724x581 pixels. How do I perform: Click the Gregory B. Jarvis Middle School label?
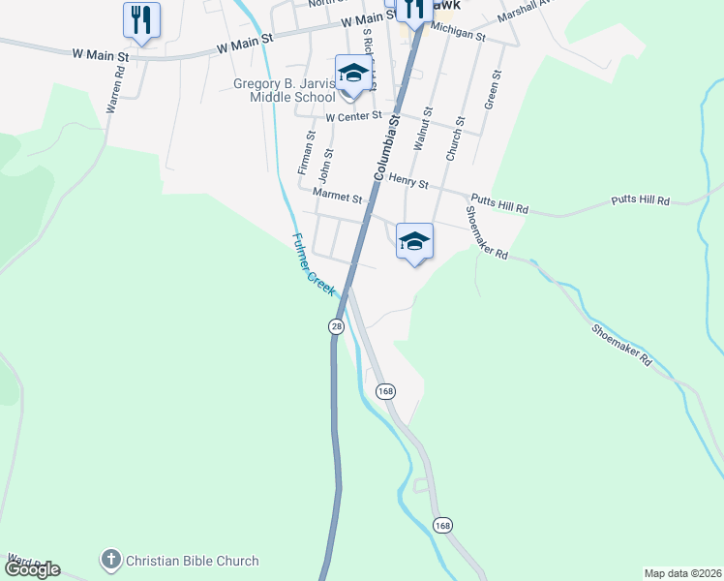pyautogui.click(x=284, y=90)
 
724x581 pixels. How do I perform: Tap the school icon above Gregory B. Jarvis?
pyautogui.click(x=353, y=74)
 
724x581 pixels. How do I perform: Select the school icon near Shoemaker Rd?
pyautogui.click(x=414, y=242)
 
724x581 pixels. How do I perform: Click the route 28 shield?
pyautogui.click(x=336, y=326)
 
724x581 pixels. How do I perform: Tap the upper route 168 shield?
pyautogui.click(x=386, y=391)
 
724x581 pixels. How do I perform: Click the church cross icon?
pyautogui.click(x=111, y=560)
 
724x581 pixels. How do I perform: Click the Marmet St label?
pyautogui.click(x=337, y=199)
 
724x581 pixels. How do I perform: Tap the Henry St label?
pyautogui.click(x=407, y=178)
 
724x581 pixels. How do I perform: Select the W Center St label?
pyautogui.click(x=354, y=117)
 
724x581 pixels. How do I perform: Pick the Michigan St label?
pyautogui.click(x=456, y=34)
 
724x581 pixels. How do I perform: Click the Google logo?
pyautogui.click(x=32, y=569)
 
